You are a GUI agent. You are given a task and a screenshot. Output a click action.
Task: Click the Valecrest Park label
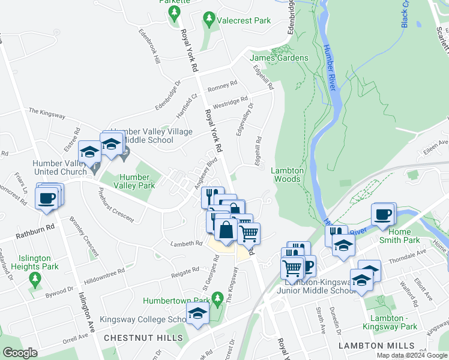click(244, 20)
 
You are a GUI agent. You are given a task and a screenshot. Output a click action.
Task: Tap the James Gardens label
click(279, 58)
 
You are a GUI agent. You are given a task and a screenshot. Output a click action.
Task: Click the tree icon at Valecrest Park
click(209, 20)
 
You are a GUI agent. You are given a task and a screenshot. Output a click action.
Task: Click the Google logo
click(20, 353)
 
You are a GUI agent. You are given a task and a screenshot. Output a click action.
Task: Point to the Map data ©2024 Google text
click(411, 355)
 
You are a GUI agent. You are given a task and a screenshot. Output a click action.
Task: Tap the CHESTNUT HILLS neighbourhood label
click(143, 338)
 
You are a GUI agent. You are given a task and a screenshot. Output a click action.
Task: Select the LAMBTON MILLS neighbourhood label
click(376, 346)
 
